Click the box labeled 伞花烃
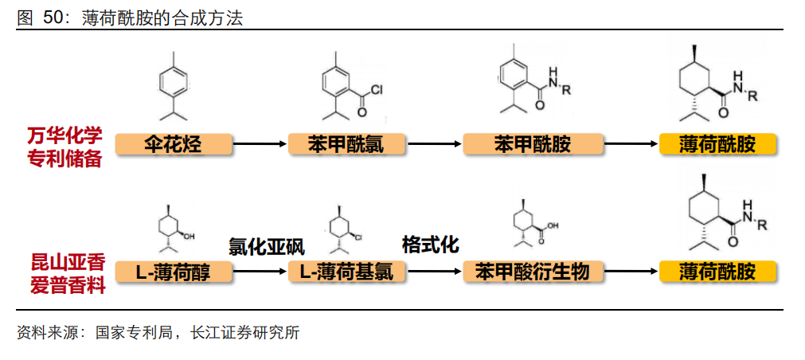[174, 144]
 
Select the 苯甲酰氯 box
[346, 144]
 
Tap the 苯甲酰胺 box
[533, 144]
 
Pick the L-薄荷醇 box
[174, 272]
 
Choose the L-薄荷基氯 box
[346, 272]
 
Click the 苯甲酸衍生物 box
[533, 272]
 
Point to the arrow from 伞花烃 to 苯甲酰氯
[260, 144]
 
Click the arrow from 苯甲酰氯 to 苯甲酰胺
[435, 144]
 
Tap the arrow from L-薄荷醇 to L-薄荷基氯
[260, 272]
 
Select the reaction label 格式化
[430, 244]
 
